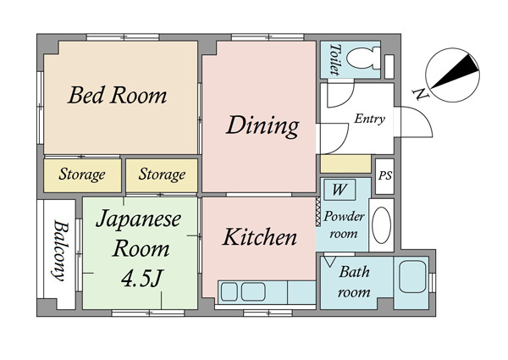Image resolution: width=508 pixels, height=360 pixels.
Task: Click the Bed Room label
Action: tap(118, 95)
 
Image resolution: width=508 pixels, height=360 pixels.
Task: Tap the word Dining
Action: tap(262, 126)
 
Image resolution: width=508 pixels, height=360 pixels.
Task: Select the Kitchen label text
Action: tap(260, 237)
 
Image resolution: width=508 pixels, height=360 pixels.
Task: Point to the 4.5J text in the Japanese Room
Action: tap(141, 278)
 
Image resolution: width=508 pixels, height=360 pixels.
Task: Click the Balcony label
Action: tap(60, 251)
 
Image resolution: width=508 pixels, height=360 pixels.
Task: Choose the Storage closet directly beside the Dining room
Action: tap(162, 175)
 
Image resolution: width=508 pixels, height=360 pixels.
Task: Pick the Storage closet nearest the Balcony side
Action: tap(82, 175)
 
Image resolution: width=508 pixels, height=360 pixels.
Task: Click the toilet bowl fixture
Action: tap(363, 58)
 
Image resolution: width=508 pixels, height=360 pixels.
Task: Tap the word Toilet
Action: tap(335, 59)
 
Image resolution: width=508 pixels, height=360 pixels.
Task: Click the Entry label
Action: tap(369, 119)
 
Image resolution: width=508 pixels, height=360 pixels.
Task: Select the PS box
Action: tap(384, 176)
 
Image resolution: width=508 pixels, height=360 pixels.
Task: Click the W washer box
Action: tap(340, 190)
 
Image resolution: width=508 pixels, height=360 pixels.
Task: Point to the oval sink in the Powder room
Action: tap(381, 225)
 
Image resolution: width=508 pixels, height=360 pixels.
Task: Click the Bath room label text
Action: tap(354, 282)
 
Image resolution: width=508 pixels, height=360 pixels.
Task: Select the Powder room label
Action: tap(344, 224)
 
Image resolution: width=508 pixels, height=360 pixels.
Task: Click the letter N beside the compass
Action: tap(420, 94)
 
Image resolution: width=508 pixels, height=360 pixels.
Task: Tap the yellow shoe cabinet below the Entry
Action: tap(345, 164)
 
